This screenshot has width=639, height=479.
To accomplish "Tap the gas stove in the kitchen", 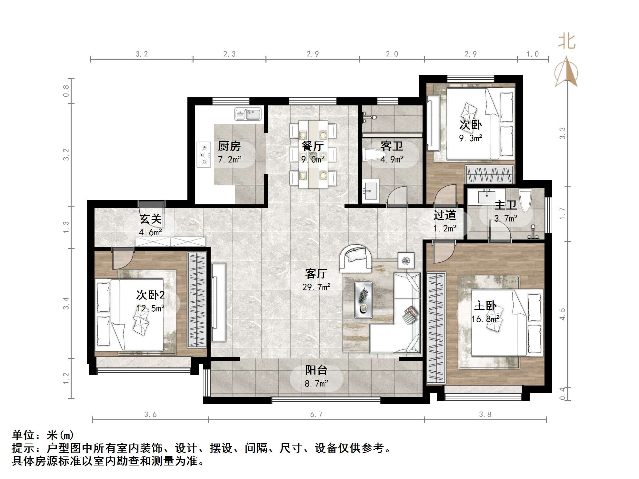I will pos(204,155).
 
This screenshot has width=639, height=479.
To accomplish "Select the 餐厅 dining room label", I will pos(313,146).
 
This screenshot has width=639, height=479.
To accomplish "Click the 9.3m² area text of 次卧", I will pos(471,138).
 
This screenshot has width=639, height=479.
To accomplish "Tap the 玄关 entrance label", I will pos(150,219).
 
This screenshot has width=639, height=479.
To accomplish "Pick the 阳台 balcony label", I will pos(316,370).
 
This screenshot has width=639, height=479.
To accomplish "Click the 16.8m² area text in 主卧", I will pos(485,319).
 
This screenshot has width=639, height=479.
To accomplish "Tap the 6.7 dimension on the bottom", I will pos(316,415).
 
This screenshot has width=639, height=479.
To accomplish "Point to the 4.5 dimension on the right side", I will pos(563,314).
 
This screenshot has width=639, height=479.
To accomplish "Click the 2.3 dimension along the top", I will pos(229,54).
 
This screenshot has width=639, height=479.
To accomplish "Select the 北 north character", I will pos(567,42).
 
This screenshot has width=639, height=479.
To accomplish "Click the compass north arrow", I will pos(566,73).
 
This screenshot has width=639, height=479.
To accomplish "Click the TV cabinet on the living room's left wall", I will pos(219,302).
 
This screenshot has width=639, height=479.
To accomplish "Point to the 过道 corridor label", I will pos(444,215).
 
